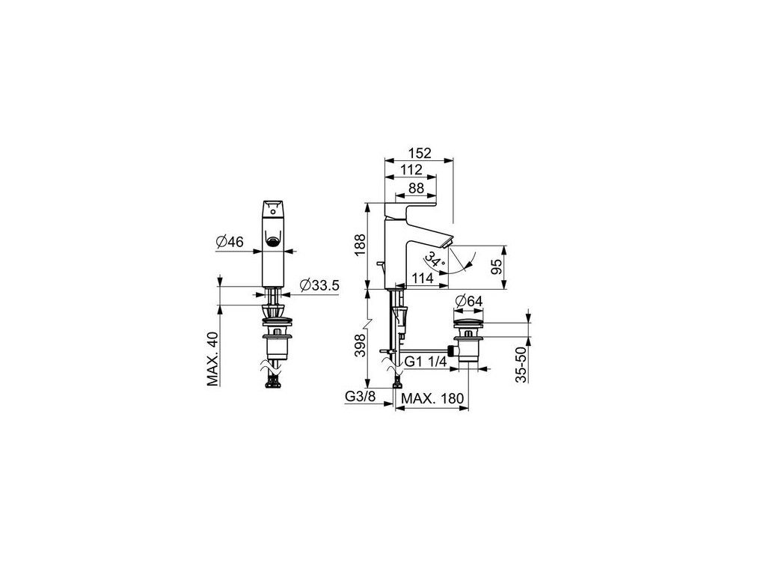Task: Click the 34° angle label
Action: [x=432, y=259]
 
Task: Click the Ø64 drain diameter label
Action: [x=470, y=301]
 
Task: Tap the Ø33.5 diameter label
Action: [x=319, y=285]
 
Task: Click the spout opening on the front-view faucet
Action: [x=275, y=240]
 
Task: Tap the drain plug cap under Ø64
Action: [x=470, y=322]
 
